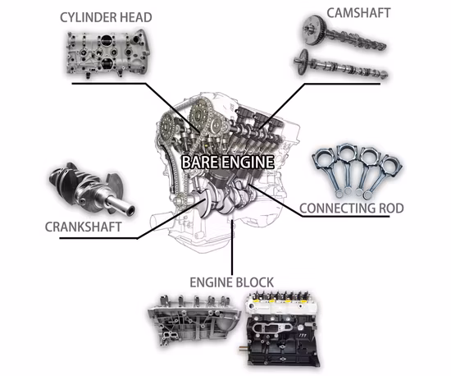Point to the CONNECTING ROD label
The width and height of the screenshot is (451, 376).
tap(352, 209)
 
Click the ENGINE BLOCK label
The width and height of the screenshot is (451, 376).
tap(234, 281)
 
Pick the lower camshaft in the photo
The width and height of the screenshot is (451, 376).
tap(340, 68)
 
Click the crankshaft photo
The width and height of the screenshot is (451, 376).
tap(85, 187)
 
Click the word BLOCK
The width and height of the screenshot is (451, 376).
tap(254, 281)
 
